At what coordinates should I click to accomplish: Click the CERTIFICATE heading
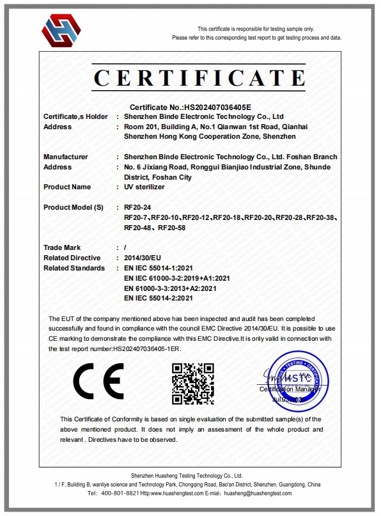pos(199,78)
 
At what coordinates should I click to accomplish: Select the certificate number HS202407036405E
pos(217,107)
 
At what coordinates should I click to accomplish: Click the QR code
pos(192,382)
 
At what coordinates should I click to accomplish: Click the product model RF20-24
pos(138,208)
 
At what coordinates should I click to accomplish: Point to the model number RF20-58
pos(172,228)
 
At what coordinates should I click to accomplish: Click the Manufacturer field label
pos(65,157)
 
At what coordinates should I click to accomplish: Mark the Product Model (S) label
pos(73,208)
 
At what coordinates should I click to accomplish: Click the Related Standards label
pos(74,268)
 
